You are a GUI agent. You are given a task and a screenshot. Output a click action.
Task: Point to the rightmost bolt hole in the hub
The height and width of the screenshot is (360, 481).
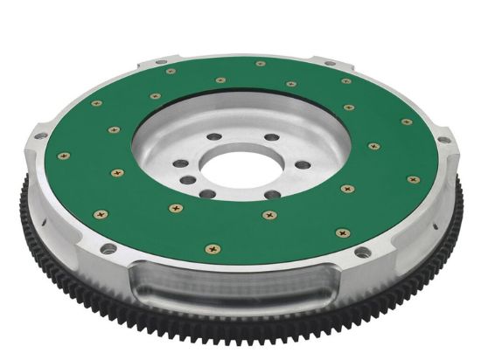[302, 164]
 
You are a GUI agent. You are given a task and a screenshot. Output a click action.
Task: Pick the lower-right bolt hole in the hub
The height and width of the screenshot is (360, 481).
[273, 194]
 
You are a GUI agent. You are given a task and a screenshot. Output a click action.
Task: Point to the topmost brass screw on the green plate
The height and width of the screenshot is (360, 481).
[261, 63]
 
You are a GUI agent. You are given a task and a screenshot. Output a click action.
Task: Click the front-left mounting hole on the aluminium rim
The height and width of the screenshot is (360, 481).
[108, 249]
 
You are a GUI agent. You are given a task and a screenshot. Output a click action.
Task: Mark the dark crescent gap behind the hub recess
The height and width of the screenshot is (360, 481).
[254, 86]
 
